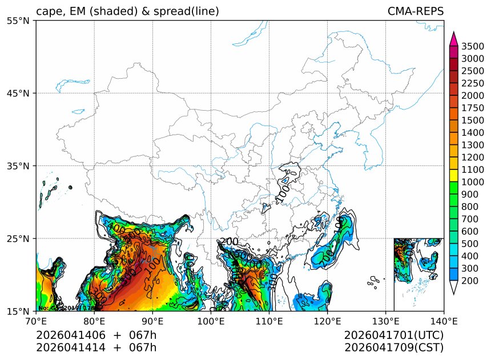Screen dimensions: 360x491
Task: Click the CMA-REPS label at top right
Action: pos(415,11)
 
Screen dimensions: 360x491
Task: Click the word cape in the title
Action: pos(48,12)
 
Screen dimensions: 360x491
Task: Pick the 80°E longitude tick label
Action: pos(94,321)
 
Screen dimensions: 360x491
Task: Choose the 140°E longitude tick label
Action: pos(444,321)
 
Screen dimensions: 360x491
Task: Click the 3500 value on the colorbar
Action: pos(473,46)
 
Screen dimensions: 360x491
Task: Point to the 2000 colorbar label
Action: pos(473,96)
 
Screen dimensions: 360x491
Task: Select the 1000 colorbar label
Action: pos(473,182)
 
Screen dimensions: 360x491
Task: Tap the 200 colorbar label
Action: pos(471,281)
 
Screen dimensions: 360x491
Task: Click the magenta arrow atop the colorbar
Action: pos(454,39)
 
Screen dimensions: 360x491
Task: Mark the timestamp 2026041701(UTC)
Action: pos(394,335)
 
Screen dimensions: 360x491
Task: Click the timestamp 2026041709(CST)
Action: pos(394,347)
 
